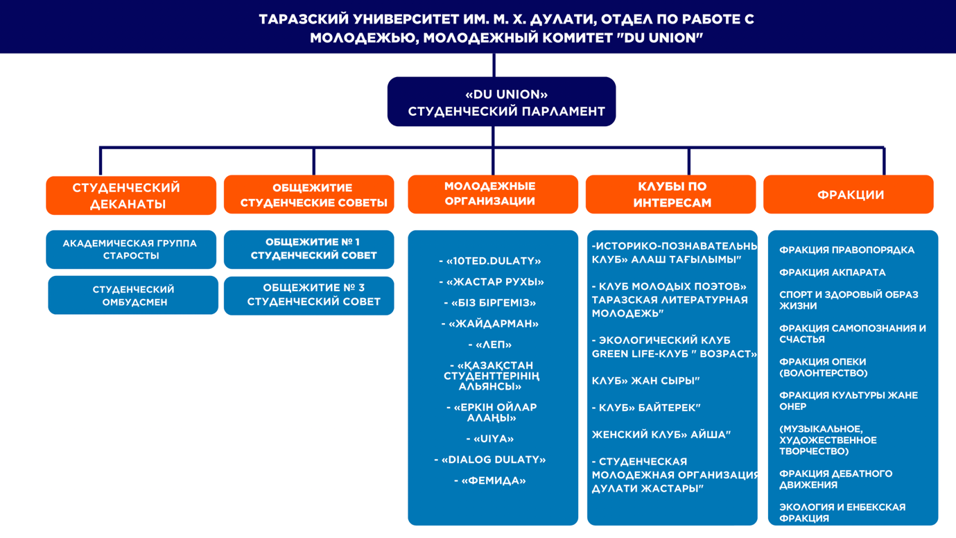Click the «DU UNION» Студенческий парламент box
[501, 102]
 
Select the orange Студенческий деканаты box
[131, 196]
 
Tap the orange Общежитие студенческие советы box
[308, 195]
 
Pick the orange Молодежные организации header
[492, 194]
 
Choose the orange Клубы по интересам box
[670, 195]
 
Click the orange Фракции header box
[848, 195]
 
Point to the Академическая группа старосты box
[131, 250]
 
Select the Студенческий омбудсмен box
[133, 295]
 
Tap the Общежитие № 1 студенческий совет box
[308, 249]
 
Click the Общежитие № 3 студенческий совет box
[308, 295]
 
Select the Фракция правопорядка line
[846, 250]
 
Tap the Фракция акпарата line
[832, 272]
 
